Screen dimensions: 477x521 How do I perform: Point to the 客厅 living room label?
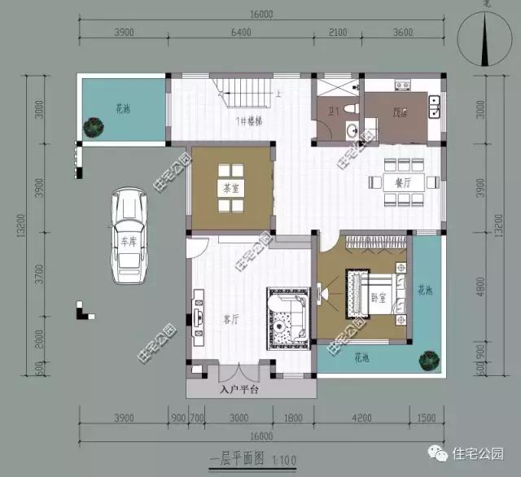click(230, 320)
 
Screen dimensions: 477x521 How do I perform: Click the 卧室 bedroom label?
click(377, 296)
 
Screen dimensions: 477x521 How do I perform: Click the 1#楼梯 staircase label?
click(248, 121)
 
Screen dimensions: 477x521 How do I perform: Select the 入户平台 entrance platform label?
click(239, 390)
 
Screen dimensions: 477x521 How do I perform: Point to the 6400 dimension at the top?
click(242, 33)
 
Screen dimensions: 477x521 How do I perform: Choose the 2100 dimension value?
click(337, 33)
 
